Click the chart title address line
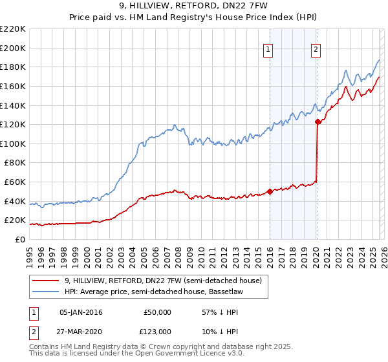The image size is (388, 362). point(194,6)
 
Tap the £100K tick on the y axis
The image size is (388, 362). point(13,144)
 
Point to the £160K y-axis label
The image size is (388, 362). point(13,86)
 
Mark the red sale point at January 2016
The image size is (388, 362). point(270,191)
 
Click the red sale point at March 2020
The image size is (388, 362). point(318,121)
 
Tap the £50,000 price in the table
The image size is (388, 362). point(157,312)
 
